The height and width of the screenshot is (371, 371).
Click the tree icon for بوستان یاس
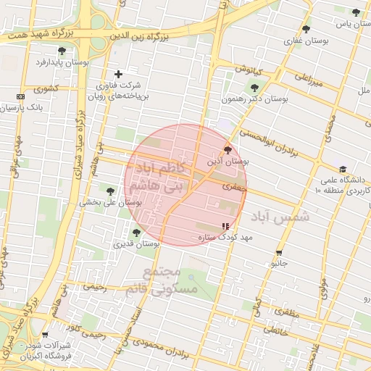pos(356,12)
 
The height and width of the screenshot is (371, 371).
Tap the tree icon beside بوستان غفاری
pos(306,30)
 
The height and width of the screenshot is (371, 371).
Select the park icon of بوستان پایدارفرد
pos(62,51)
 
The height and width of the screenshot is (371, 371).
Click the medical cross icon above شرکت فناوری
pos(119,73)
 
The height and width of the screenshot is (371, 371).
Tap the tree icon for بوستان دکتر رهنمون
pos(254,86)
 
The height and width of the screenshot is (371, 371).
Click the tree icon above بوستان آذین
pos(229,151)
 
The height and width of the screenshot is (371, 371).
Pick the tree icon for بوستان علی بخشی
pos(110,191)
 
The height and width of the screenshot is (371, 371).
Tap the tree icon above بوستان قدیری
pos(136,233)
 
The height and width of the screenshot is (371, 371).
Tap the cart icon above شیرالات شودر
pos(45,335)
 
